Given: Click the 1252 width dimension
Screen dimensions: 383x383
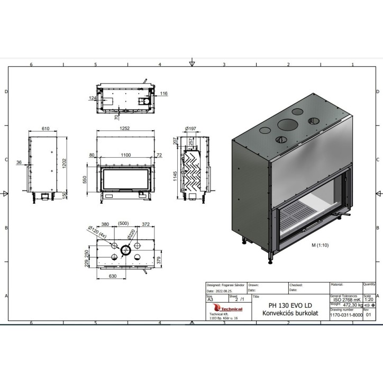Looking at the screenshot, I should (125, 129).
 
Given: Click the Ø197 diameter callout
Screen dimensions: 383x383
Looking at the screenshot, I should (190, 129).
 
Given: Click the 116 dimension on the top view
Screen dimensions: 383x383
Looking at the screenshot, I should (163, 93).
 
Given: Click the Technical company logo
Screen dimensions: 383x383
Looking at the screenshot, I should (226, 309).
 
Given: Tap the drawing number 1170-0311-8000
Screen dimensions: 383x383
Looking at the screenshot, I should (346, 314).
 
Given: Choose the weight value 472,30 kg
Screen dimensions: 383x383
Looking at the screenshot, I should (353, 305).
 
